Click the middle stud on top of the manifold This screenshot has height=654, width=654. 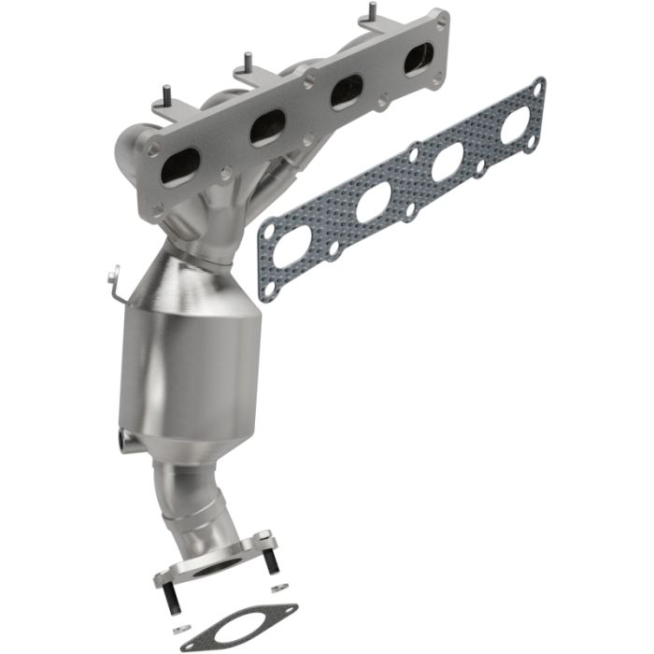tap(249, 62)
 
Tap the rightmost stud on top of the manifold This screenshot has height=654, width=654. tap(371, 13)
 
